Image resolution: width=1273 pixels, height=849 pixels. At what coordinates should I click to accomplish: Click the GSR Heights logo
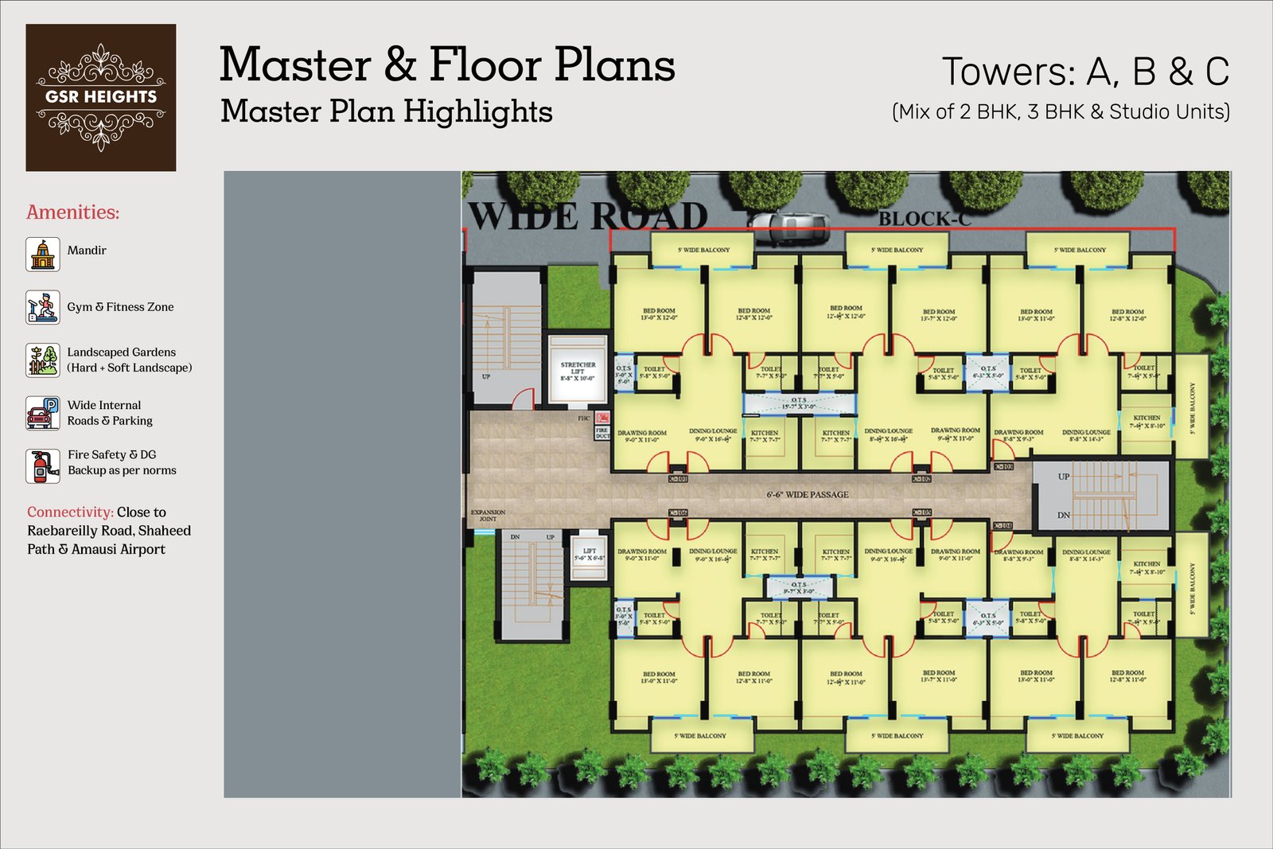(x=101, y=97)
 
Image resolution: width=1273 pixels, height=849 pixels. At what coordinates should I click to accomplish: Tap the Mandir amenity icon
(x=42, y=254)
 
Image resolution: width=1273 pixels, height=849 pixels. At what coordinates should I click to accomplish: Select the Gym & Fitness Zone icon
(x=42, y=307)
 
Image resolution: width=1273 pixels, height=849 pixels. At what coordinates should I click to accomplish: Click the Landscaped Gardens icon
(x=42, y=360)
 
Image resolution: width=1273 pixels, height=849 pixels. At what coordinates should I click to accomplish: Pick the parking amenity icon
(x=42, y=413)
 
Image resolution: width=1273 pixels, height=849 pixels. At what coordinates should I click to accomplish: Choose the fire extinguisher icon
(x=42, y=465)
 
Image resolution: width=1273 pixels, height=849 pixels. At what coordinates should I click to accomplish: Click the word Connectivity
(x=70, y=512)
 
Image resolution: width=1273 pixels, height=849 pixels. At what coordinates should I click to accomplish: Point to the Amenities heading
(x=73, y=212)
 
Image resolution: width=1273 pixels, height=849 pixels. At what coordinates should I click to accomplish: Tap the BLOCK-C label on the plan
(x=925, y=219)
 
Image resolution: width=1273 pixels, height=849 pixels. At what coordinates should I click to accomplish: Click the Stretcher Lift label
(x=578, y=372)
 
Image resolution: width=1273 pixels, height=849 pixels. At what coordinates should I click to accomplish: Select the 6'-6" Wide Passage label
(x=808, y=495)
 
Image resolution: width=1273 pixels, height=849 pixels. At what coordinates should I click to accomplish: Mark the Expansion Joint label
(x=488, y=516)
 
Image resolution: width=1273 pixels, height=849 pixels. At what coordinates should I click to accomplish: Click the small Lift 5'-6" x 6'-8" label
(x=590, y=555)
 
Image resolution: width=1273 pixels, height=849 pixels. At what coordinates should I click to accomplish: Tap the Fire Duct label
(x=602, y=433)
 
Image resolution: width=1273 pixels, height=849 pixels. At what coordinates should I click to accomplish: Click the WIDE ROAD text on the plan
(x=587, y=216)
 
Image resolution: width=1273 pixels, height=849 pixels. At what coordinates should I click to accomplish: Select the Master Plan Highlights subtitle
(x=386, y=111)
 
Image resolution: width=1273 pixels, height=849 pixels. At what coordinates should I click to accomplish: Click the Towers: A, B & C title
(x=1085, y=72)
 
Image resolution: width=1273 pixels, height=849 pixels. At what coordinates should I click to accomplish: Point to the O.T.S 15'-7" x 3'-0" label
(x=799, y=403)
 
